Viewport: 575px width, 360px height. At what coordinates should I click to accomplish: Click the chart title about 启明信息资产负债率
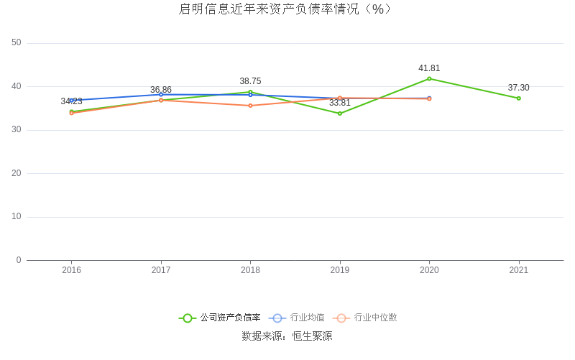pyautogui.click(x=285, y=9)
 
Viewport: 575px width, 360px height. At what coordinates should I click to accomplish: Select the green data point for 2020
pyautogui.click(x=429, y=78)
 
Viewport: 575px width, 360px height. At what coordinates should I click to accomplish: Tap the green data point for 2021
pyautogui.click(x=518, y=98)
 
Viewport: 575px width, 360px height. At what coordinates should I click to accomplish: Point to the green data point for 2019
pyautogui.click(x=340, y=114)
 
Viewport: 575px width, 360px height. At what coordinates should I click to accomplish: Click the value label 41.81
pyautogui.click(x=429, y=68)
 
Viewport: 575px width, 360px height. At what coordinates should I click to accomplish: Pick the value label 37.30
pyautogui.click(x=518, y=88)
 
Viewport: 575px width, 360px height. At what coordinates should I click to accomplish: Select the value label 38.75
pyautogui.click(x=250, y=81)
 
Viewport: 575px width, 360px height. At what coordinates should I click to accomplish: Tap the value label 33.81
pyautogui.click(x=340, y=103)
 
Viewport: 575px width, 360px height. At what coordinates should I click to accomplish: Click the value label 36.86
pyautogui.click(x=161, y=90)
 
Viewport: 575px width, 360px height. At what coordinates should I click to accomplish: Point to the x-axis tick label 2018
pyautogui.click(x=250, y=270)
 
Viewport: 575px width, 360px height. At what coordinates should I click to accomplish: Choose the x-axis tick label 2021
pyautogui.click(x=518, y=270)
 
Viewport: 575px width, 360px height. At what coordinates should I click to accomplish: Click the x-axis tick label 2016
pyautogui.click(x=71, y=270)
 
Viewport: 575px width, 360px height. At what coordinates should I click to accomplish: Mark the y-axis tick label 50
pyautogui.click(x=17, y=43)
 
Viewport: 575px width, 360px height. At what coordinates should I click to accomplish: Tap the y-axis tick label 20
pyautogui.click(x=17, y=173)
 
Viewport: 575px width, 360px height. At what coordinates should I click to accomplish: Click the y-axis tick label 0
pyautogui.click(x=19, y=260)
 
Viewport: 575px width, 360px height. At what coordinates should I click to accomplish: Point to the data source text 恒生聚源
pyautogui.click(x=311, y=336)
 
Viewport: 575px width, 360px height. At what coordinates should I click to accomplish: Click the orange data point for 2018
pyautogui.click(x=250, y=106)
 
